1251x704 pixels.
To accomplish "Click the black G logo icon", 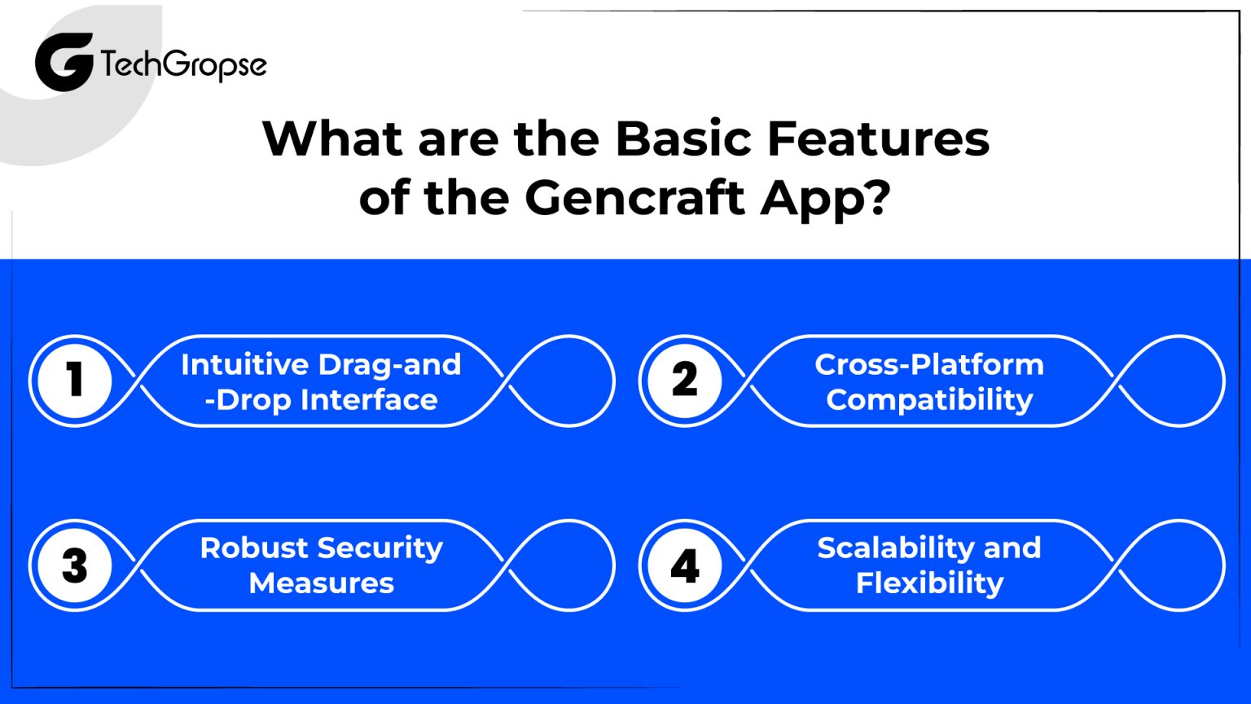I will pos(64,63).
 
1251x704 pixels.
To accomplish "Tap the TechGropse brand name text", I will pos(184,65).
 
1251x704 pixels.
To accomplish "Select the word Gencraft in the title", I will pos(634,197).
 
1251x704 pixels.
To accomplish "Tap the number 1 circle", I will pos(75,381).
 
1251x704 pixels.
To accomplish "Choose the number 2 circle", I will pos(685,381).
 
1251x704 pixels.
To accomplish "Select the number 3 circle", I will pos(75,565).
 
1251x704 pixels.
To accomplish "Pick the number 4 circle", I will pos(685,565).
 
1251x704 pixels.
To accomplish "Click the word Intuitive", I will pos(245,364).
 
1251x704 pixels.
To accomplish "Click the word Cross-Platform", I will pos(929,364).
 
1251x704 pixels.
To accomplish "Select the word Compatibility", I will pos(929,400).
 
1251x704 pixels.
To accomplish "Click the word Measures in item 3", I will pos(322,583).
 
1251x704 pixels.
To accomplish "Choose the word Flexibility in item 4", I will pos(929,583).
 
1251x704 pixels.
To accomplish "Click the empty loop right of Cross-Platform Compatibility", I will pos(1173,381).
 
